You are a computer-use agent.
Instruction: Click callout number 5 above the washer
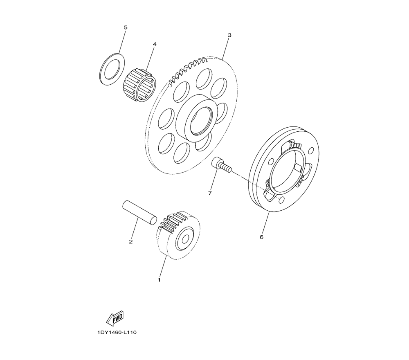click(x=126, y=27)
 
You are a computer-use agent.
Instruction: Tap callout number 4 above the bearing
click(x=155, y=44)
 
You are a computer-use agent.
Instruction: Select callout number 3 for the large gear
click(x=229, y=35)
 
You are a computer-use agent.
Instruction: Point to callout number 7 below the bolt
click(x=210, y=193)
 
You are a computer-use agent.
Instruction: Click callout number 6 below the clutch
click(x=262, y=237)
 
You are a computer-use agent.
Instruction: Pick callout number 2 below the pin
click(x=131, y=241)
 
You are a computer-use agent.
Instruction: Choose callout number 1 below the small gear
click(x=159, y=280)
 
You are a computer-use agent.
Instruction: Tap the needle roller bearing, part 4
click(x=139, y=85)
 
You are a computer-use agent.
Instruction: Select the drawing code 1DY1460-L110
click(x=117, y=332)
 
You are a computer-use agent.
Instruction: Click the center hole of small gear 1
click(x=185, y=239)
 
